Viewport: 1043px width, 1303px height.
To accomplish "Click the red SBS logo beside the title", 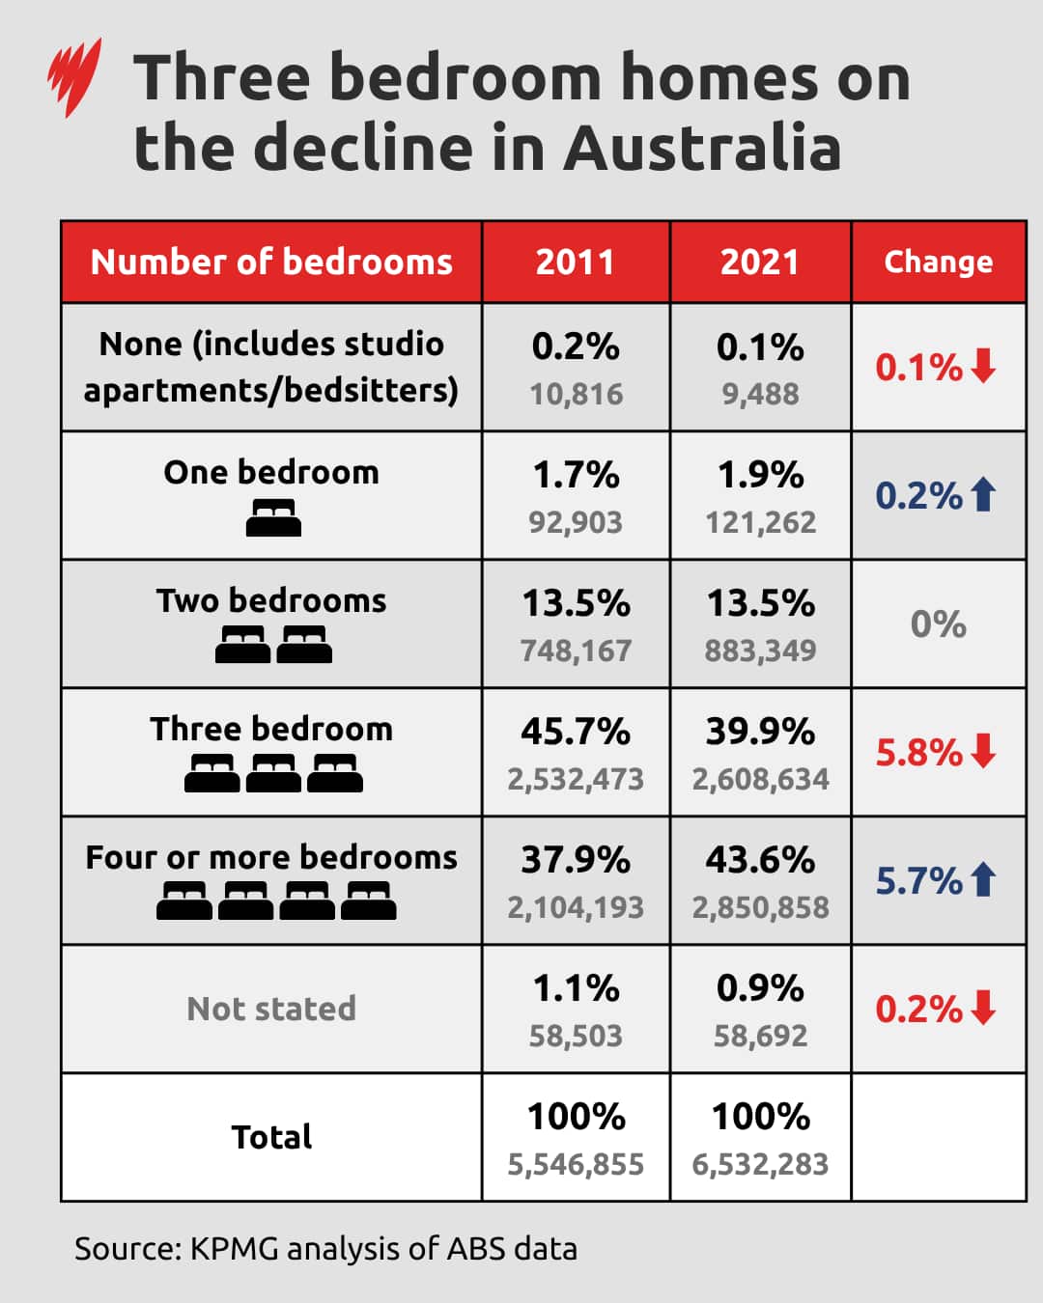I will point(74,77).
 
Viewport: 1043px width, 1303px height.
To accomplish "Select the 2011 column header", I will point(576,262).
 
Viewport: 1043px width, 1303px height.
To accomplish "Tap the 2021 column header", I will point(760,262).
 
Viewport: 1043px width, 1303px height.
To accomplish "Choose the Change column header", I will point(938,262).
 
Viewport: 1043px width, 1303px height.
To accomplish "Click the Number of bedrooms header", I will point(271,262).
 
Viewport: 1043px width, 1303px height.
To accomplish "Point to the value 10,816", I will point(576,394).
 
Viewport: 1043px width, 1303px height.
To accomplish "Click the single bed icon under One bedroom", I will point(273,518).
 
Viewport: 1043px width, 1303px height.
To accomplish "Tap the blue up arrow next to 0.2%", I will point(984,495).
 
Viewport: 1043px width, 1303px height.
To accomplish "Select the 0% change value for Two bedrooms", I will point(938,624).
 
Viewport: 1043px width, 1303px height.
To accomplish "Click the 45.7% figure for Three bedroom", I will point(576,732).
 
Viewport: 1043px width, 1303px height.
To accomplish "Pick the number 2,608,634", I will point(760,779).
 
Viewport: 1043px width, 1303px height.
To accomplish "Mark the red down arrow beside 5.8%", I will point(984,751).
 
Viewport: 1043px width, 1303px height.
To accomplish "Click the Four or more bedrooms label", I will point(271,857).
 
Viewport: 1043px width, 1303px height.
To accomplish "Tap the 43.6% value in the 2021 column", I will point(760,860).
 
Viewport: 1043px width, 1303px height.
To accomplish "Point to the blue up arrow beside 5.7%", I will point(984,879).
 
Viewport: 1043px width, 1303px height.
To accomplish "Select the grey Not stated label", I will point(271,1009).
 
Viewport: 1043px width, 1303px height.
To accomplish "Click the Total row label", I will point(271,1137).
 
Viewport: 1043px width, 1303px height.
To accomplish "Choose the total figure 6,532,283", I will point(760,1164).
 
